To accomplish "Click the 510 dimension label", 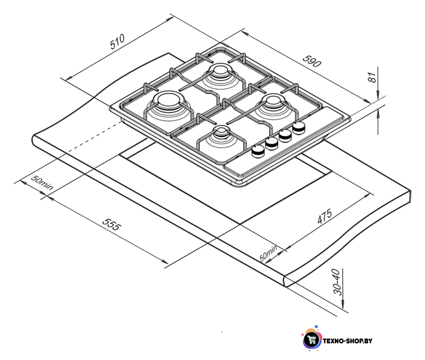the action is click(118, 41).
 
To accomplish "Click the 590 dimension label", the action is click(312, 61).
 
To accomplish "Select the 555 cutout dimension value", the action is click(112, 224).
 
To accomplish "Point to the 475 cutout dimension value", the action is click(325, 216).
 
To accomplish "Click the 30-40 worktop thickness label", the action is click(337, 282).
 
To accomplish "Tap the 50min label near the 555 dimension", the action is click(42, 182).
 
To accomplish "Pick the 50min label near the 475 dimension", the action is click(268, 253).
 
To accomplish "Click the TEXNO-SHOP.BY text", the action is click(347, 341).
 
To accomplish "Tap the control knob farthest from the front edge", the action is click(299, 128).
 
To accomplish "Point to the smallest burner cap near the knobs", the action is click(221, 130).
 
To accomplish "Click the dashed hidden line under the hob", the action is click(93, 137).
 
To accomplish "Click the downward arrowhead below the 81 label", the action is click(378, 95).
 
